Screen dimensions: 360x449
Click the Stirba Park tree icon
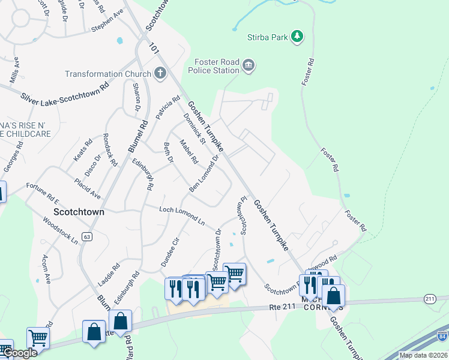tap(297, 37)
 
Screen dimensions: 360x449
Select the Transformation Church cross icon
tap(160, 74)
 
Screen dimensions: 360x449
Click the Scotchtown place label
tap(79, 212)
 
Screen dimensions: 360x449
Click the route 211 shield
tap(429, 298)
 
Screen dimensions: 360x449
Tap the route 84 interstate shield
tap(442, 336)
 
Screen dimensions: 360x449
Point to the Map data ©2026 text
tap(423, 355)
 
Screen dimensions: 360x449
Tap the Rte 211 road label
tap(280, 308)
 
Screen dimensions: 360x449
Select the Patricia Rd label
tap(168, 107)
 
